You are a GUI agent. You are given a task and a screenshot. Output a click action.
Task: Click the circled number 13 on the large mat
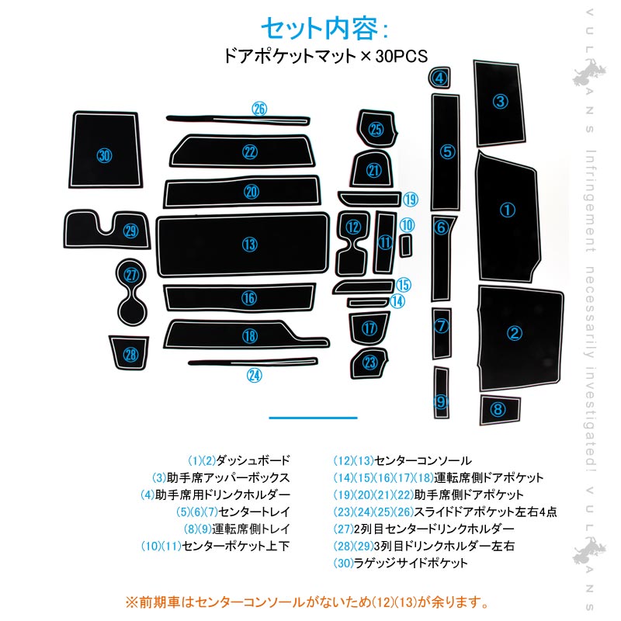pyautogui.click(x=248, y=245)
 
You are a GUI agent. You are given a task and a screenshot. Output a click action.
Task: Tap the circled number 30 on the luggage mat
pyautogui.click(x=105, y=155)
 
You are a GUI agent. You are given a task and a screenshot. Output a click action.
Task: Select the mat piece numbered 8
pyautogui.click(x=498, y=409)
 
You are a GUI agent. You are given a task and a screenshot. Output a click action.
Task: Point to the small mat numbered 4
pyautogui.click(x=440, y=78)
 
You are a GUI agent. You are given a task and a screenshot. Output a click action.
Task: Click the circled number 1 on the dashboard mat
pyautogui.click(x=507, y=210)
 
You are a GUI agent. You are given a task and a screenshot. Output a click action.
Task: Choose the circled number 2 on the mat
pyautogui.click(x=514, y=334)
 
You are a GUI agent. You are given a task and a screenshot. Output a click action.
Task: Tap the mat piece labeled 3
pyautogui.click(x=501, y=101)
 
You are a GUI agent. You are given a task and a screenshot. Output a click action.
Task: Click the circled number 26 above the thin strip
pyautogui.click(x=258, y=109)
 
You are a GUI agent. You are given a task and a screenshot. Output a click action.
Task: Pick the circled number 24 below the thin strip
pyautogui.click(x=255, y=376)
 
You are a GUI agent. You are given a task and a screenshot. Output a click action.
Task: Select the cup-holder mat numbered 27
pyautogui.click(x=131, y=276)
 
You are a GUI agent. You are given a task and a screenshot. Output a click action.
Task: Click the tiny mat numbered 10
pyautogui.click(x=405, y=245)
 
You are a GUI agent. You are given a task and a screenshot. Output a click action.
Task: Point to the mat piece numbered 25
pyautogui.click(x=376, y=130)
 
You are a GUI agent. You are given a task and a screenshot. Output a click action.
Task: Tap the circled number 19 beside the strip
pyautogui.click(x=411, y=199)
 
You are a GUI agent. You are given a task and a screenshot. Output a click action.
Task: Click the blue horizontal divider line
pyautogui.click(x=313, y=418)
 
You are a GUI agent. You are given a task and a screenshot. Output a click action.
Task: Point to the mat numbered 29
pyautogui.click(x=129, y=231)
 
